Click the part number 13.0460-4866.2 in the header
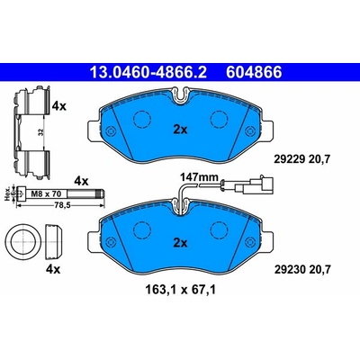coord(148,72)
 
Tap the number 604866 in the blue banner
coord(254,72)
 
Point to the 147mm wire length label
coord(199,177)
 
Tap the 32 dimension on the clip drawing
coord(41,132)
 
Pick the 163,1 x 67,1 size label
coord(180,290)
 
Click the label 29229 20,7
coord(302,159)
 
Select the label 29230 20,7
coord(302,269)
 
